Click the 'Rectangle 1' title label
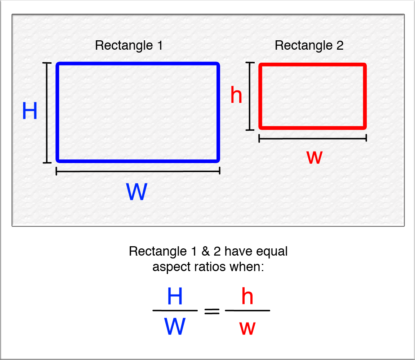click(129, 46)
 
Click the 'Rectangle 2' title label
click(309, 46)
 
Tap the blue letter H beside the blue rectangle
click(30, 111)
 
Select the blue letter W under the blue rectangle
click(137, 193)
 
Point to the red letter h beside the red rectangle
click(236, 96)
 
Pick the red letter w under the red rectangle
click(314, 158)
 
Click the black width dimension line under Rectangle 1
click(138, 171)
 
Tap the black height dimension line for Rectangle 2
click(249, 96)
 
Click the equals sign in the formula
click(212, 311)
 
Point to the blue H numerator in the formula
click(175, 297)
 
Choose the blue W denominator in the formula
click(175, 327)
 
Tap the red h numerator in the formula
click(247, 297)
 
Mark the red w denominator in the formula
click(247, 328)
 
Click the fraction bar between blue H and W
click(175, 310)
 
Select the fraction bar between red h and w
click(247, 310)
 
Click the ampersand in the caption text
click(205, 251)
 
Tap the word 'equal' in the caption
click(272, 251)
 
